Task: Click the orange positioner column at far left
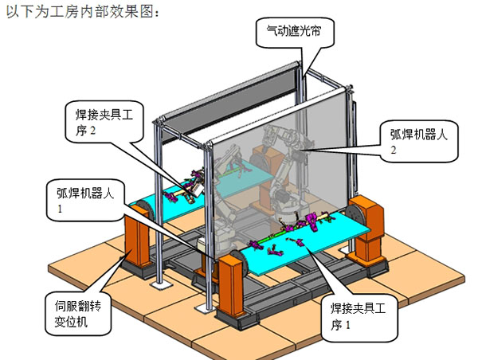pyautogui.click(x=136, y=239)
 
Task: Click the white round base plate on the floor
pyautogui.click(x=163, y=283)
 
